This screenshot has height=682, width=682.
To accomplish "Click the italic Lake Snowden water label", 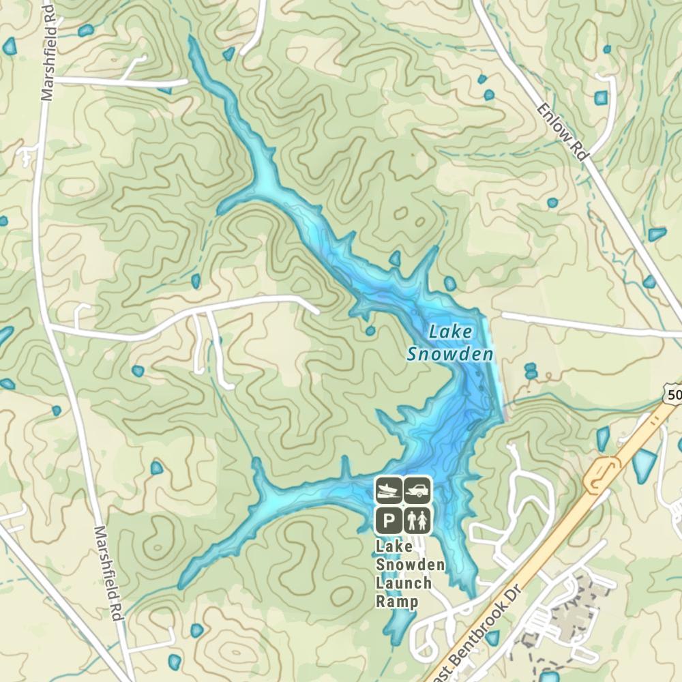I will coord(450,343).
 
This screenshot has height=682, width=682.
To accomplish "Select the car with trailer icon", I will coord(417,488).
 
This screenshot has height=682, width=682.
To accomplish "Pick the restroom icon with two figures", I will coord(417,521).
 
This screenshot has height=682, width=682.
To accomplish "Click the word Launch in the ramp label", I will coord(404,583).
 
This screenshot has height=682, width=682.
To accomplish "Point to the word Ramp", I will coord(396,602).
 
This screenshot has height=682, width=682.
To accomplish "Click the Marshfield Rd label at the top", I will coord(48,51).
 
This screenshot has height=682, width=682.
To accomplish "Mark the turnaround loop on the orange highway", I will coord(602,473).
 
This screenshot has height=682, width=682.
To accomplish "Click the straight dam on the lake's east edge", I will coord(496,368).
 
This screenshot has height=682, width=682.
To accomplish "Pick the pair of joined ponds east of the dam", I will coord(531,371).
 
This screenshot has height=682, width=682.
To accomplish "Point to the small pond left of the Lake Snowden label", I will coord(370,331).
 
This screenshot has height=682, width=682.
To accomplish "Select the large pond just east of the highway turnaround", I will coord(642,465).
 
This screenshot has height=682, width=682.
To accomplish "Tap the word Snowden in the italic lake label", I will coord(450,355).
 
